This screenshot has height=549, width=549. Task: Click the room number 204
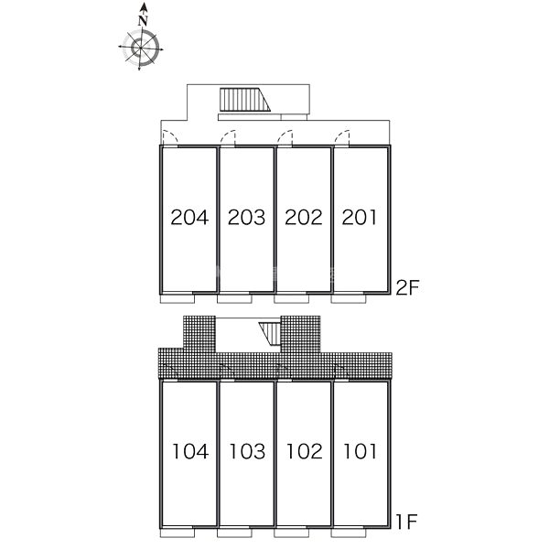point(189,217)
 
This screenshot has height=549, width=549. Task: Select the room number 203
point(246,217)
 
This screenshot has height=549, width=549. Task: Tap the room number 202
point(304,217)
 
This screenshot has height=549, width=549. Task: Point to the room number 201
point(360,217)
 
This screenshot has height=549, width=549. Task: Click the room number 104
point(191,451)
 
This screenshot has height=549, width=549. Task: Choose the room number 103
point(248,451)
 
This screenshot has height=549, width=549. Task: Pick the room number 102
point(305,451)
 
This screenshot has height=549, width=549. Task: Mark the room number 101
point(361,451)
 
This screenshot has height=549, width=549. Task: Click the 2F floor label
point(407,287)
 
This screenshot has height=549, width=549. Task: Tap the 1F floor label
point(407,522)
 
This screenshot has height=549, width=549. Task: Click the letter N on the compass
point(143,21)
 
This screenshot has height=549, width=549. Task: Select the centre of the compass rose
point(140,48)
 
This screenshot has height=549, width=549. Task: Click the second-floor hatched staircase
point(245,100)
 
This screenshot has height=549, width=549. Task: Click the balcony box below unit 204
point(178,298)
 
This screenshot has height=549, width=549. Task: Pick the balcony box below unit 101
point(349,533)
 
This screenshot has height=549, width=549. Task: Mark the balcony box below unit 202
point(291,298)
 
